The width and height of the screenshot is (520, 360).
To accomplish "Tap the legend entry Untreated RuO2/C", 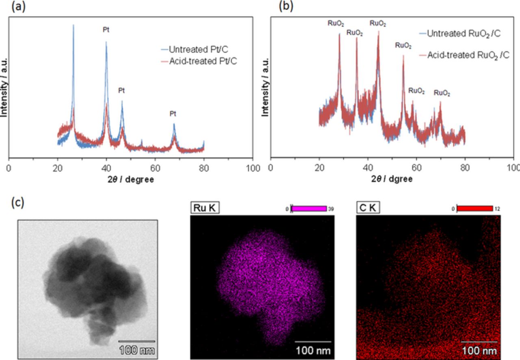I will (463, 34).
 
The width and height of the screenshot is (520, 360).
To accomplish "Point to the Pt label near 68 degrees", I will (173, 114).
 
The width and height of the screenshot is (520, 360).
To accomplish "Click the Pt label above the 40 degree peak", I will (106, 30).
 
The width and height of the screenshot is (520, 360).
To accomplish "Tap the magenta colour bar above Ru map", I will (309, 209).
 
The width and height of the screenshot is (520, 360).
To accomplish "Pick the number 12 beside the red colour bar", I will (497, 209).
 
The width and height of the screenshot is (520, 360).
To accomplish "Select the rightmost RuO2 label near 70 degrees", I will (442, 93).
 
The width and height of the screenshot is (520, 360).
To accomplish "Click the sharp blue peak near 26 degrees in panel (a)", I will (74, 26).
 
